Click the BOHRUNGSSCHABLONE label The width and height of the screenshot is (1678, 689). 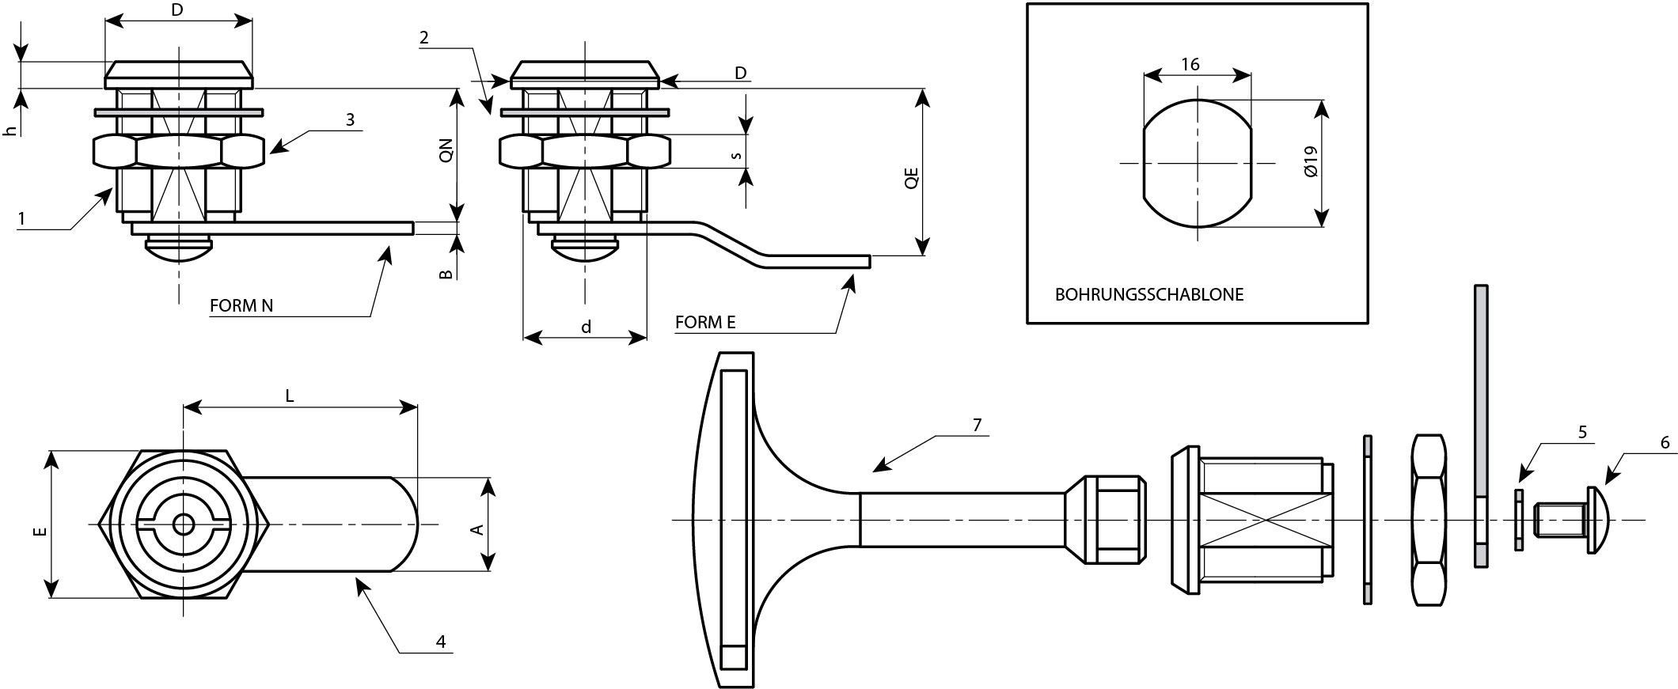(x=1149, y=295)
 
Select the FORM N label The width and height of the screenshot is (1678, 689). (x=241, y=306)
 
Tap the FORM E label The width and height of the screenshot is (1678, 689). (x=705, y=322)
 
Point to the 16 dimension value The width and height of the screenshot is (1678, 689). (x=1190, y=65)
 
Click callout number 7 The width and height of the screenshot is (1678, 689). (x=976, y=425)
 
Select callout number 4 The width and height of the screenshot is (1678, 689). (x=441, y=642)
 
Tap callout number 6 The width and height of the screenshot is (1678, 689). (x=1664, y=443)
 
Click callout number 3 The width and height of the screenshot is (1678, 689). (x=349, y=119)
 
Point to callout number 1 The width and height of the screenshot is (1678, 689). (x=23, y=218)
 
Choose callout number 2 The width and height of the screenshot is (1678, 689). (x=424, y=37)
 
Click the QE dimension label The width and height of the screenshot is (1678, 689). (x=911, y=176)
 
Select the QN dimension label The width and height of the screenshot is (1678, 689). (x=446, y=150)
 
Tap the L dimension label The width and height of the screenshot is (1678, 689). (x=290, y=396)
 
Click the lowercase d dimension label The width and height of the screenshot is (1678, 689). (x=586, y=327)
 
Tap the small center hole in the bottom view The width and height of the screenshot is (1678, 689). (x=184, y=524)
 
